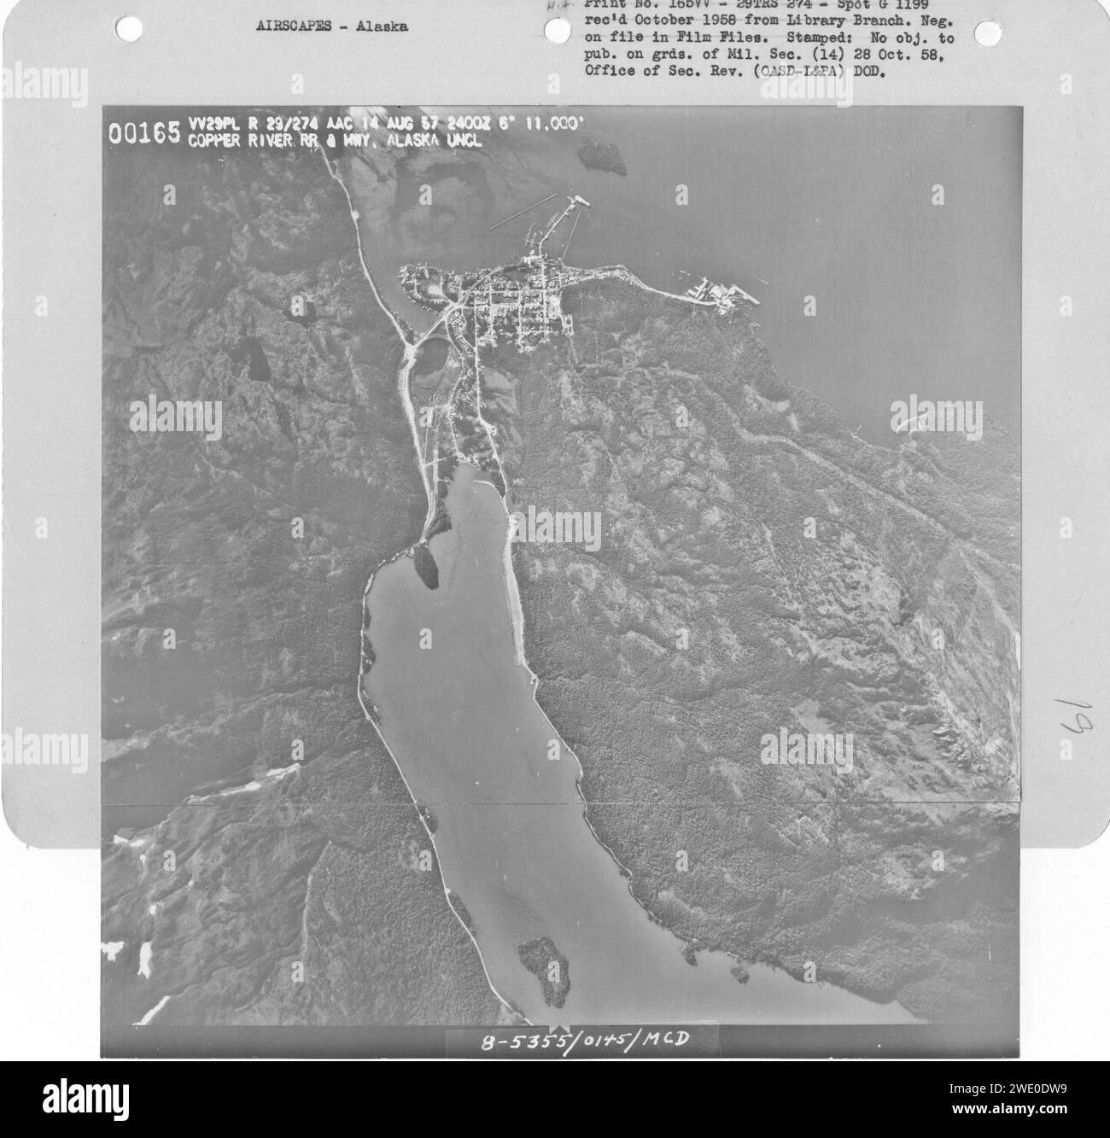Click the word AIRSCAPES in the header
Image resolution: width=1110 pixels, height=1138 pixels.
pos(289,26)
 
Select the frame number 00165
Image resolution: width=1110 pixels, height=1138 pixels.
pos(143,133)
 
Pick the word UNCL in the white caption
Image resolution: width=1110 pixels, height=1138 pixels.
pos(462,142)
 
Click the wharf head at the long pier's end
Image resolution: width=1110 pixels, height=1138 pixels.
pos(578,201)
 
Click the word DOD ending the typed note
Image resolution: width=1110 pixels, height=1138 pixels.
pos(869,71)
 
